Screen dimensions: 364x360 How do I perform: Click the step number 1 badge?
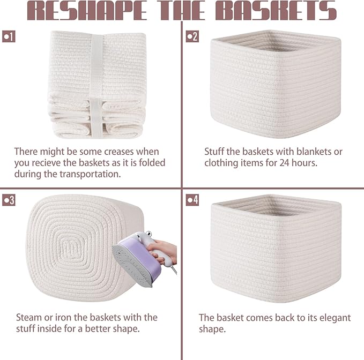coord(9,36)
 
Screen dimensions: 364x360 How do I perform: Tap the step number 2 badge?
coord(192,36)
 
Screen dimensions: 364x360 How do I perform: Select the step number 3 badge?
coord(9,200)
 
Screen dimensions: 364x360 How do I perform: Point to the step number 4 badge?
coord(192,200)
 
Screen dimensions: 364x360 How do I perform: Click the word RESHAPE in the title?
coord(87,10)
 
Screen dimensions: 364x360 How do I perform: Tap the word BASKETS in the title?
coord(276,10)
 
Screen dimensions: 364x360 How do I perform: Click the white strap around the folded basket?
coord(96,86)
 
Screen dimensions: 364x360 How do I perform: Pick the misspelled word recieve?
coord(46,163)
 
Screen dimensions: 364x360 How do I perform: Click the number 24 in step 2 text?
coord(284,163)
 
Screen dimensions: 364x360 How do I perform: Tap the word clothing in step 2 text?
coord(221,163)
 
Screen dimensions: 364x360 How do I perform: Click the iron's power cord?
coord(174,269)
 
